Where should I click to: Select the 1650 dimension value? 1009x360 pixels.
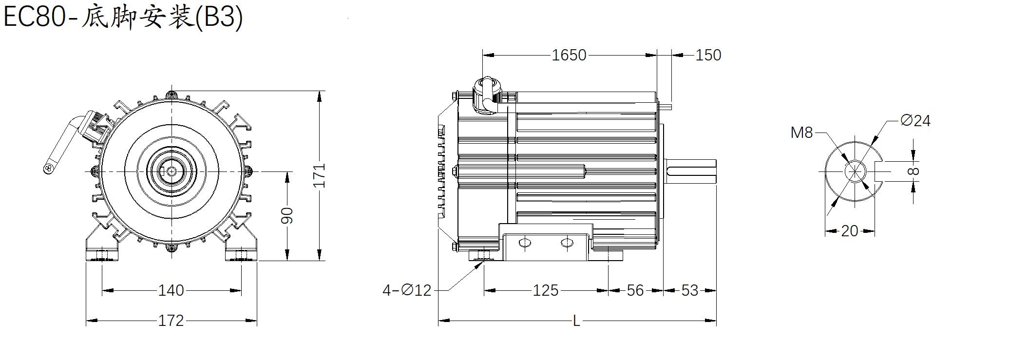tap(569, 55)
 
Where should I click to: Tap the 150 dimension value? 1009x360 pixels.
tap(708, 55)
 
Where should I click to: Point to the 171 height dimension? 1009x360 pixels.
tap(319, 175)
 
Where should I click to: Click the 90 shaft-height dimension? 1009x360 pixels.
tap(287, 215)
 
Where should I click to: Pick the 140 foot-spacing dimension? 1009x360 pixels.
tap(171, 290)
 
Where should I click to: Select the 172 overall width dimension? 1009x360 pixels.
tap(171, 321)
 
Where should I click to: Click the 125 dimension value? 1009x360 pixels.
tap(545, 290)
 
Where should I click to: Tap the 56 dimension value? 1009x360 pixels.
tap(635, 290)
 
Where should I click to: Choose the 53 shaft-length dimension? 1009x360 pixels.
tap(690, 290)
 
